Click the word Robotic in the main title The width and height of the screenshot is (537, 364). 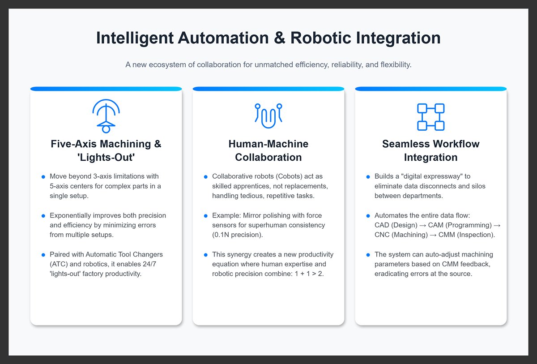320,38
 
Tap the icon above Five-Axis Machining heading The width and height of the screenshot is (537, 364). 106,116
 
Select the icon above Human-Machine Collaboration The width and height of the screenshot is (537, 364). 268,116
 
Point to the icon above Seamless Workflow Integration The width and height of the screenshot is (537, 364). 430,117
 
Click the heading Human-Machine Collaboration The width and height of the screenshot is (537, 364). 268,150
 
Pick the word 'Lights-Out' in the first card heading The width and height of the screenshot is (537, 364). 106,158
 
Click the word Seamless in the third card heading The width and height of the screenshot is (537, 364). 405,144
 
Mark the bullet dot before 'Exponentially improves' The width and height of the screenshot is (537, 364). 43,216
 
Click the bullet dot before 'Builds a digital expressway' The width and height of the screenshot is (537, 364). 368,177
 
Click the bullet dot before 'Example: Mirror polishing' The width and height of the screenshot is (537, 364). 206,216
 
